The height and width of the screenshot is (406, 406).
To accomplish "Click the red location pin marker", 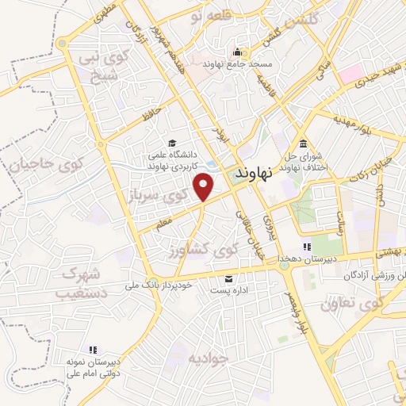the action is [205, 187].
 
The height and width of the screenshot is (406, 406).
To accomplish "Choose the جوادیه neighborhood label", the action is [209, 358].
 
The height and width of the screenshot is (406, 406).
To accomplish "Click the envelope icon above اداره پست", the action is [229, 278].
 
